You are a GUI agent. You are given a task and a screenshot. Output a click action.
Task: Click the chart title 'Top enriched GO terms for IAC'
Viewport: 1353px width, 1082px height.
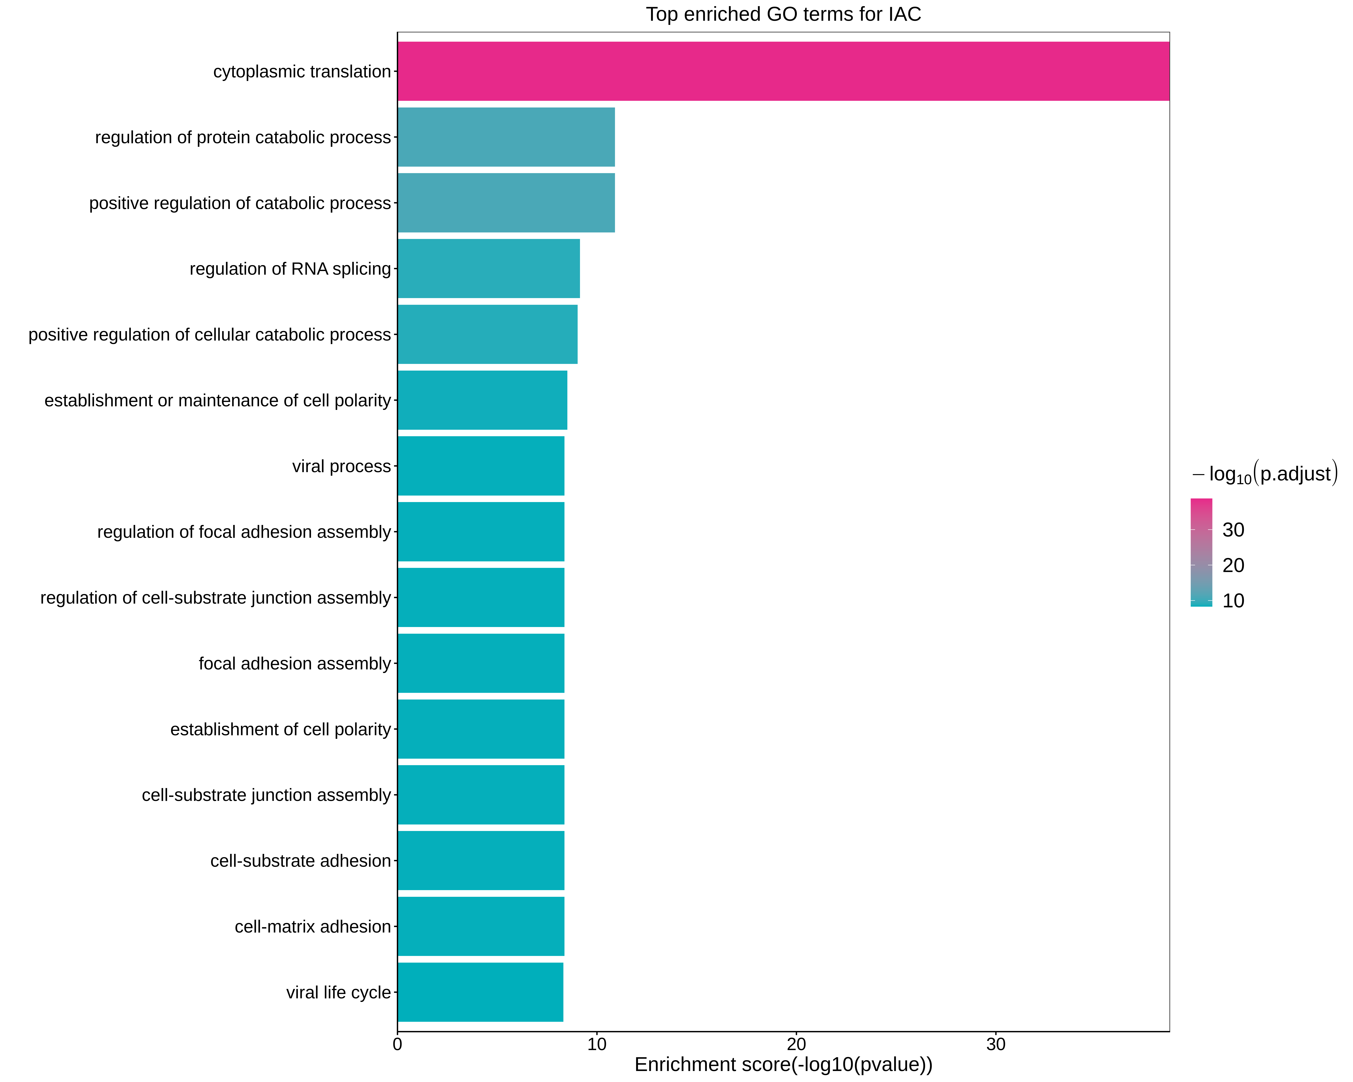pos(783,14)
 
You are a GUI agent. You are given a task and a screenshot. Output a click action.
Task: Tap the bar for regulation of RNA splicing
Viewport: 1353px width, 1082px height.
pos(488,269)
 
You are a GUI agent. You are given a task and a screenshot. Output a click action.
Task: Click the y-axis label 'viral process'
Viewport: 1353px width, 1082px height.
pos(341,466)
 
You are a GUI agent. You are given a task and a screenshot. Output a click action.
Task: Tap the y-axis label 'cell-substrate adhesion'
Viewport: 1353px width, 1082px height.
pos(301,861)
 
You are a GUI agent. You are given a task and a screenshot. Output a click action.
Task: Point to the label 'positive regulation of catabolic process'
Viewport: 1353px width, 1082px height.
pos(240,203)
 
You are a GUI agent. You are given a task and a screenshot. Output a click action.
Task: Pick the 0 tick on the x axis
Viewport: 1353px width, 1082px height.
pos(397,1044)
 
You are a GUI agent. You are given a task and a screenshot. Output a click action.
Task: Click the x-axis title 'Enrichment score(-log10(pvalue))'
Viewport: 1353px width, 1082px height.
pos(783,1065)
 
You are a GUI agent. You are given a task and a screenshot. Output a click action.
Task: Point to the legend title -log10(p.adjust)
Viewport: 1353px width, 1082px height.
pos(1264,473)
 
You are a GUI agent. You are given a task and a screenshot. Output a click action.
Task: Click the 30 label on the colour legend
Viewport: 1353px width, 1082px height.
pos(1233,530)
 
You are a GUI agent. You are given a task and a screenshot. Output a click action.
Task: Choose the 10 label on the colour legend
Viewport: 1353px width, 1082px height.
pos(1233,601)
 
